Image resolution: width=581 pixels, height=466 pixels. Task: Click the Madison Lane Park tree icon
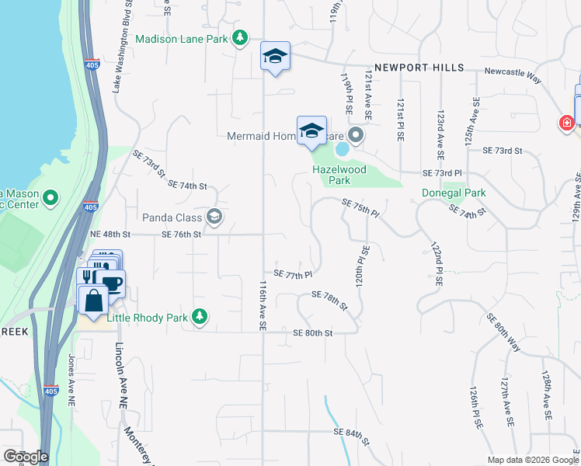tap(240, 37)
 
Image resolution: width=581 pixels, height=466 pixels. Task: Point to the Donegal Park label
tap(453, 193)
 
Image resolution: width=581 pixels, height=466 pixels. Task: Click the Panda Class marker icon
tap(215, 217)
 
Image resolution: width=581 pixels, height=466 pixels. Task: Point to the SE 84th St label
tap(350, 436)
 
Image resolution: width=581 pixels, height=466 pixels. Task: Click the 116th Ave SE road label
tap(263, 306)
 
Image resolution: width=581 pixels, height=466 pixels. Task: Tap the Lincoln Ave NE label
tap(120, 376)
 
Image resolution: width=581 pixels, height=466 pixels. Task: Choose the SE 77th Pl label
tap(292, 275)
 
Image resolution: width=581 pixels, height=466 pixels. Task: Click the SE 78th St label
tap(329, 299)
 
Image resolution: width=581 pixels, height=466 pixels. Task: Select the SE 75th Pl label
tap(360, 207)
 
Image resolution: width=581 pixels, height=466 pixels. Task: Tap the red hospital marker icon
tap(567, 123)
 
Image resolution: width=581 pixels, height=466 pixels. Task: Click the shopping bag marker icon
tap(92, 300)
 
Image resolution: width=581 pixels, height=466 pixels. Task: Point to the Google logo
tap(26, 457)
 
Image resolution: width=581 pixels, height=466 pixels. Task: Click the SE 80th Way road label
tap(503, 332)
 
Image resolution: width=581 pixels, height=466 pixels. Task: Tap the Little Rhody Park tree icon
tap(200, 315)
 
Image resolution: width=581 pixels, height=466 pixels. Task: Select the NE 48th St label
tap(110, 234)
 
